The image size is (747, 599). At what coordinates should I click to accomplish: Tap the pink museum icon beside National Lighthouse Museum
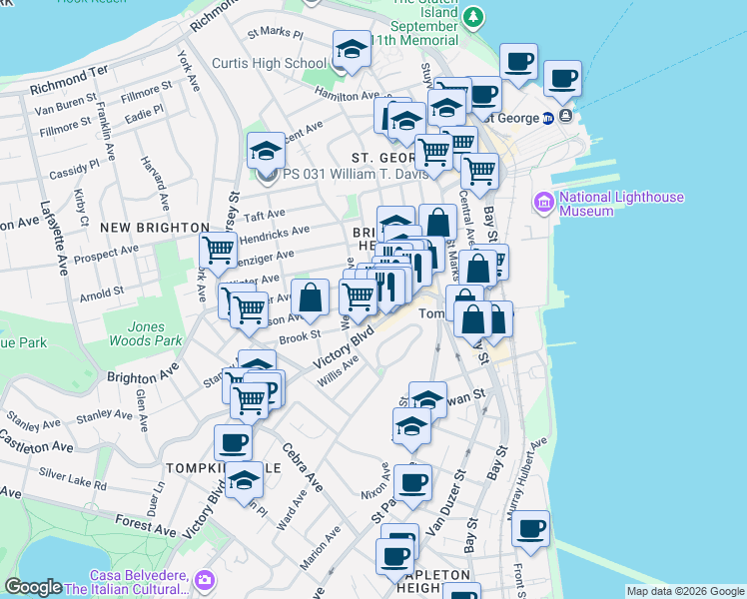pos(544,203)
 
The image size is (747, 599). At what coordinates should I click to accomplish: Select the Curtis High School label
pos(269,63)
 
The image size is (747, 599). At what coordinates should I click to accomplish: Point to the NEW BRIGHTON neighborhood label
pos(152,228)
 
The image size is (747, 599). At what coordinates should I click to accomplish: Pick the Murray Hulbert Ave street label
pos(528,471)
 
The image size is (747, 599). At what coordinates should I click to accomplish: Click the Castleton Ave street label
pos(35,443)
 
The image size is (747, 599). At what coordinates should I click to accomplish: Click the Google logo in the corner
pos(33,587)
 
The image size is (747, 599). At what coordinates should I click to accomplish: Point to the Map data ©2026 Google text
pos(684,591)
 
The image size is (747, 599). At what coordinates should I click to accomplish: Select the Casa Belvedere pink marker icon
pos(205,580)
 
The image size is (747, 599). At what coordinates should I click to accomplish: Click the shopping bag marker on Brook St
pos(310,297)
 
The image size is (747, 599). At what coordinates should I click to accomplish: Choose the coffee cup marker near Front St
pos(530,528)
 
